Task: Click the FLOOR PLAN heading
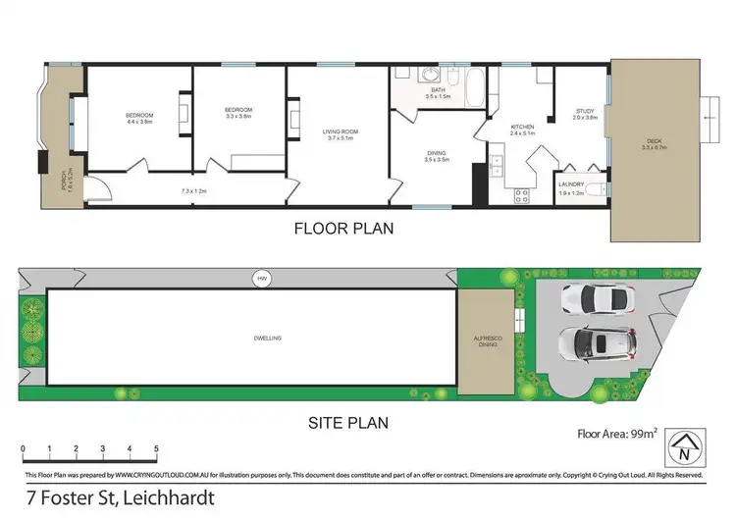click(x=344, y=230)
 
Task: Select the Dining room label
click(x=437, y=155)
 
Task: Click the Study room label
click(x=585, y=113)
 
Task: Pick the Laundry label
click(x=571, y=188)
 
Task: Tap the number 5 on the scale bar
click(x=156, y=449)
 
